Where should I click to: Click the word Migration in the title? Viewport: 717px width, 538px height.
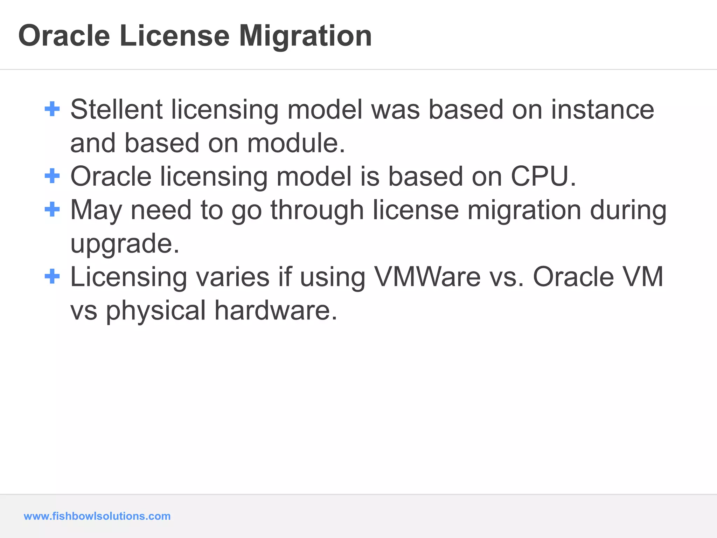(x=305, y=36)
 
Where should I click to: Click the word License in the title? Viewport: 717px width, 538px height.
(x=174, y=36)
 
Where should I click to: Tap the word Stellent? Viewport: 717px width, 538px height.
(x=116, y=110)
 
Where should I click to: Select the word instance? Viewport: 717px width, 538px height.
(x=603, y=110)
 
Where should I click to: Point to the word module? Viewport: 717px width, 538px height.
(x=296, y=143)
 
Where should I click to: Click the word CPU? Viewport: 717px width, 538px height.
(x=543, y=176)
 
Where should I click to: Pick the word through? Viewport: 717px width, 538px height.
(x=317, y=211)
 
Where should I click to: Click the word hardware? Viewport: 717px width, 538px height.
(x=276, y=310)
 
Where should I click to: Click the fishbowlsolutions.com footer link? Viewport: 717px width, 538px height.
(x=97, y=516)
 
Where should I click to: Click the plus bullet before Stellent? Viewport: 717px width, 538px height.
(x=52, y=109)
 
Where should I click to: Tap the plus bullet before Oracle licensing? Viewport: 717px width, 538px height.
(x=52, y=176)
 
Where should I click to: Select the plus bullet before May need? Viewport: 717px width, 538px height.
(x=52, y=209)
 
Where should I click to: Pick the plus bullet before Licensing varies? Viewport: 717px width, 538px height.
(x=52, y=276)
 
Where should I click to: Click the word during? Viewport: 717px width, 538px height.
(x=628, y=211)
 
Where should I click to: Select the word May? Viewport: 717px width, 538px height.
(x=96, y=211)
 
